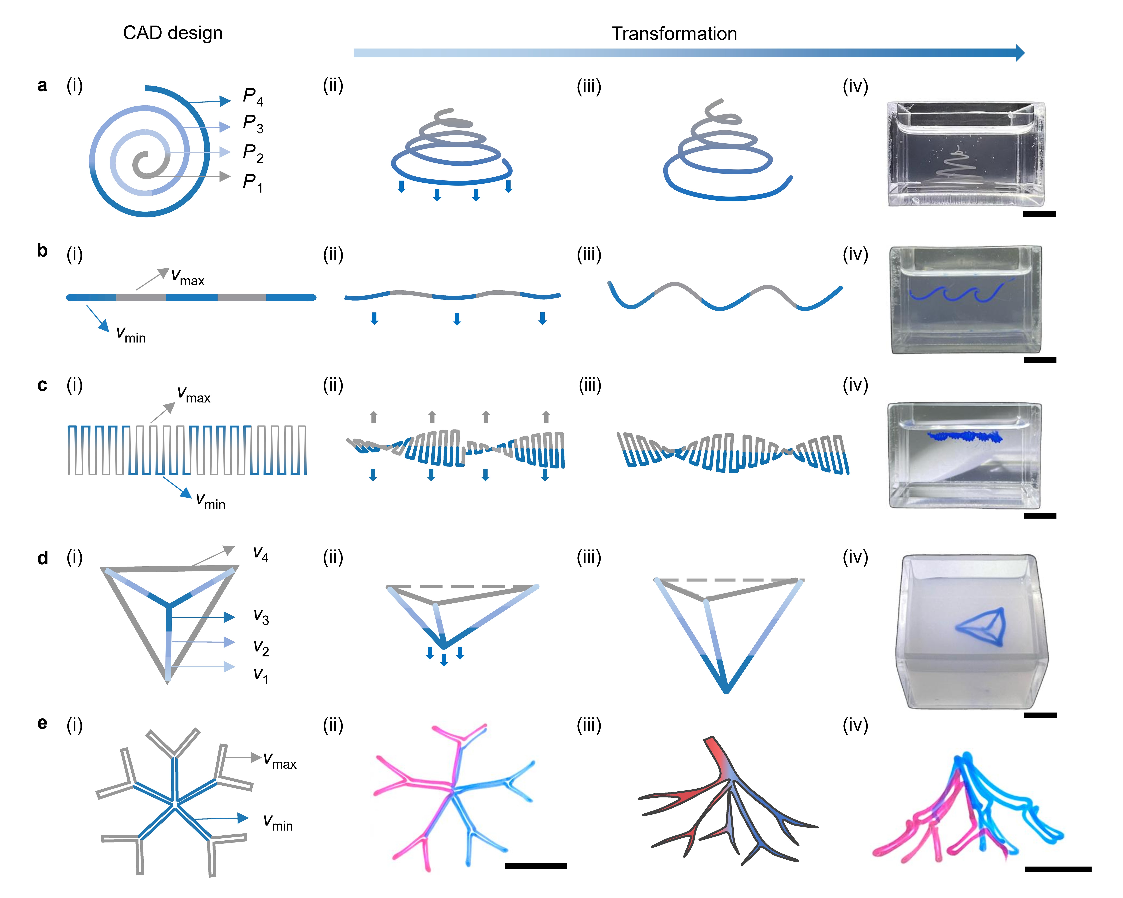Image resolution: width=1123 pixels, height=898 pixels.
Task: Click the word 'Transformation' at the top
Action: tap(674, 34)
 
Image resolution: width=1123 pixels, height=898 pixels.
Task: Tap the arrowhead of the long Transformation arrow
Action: tap(1020, 53)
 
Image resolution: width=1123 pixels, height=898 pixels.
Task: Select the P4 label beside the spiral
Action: tap(253, 97)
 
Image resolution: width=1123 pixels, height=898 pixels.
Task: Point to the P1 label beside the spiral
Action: tap(253, 183)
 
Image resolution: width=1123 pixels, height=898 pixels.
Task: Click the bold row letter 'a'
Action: tap(42, 85)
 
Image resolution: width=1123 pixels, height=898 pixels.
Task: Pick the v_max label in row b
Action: tap(188, 277)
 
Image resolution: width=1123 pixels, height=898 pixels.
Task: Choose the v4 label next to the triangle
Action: tap(260, 554)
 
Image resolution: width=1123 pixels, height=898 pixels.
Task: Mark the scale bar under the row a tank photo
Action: tap(1039, 213)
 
